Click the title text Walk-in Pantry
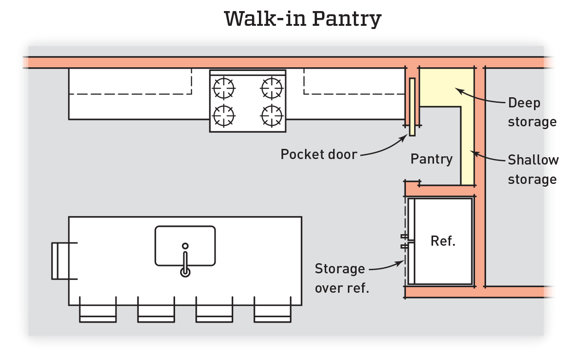[x=303, y=19]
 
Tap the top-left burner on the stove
[x=224, y=87]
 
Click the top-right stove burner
[x=271, y=87]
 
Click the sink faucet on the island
[x=185, y=263]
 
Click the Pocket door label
[x=319, y=154]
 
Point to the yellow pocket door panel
[x=412, y=106]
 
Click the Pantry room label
[x=432, y=159]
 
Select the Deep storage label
[x=532, y=112]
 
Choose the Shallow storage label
[x=533, y=170]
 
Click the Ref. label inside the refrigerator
[x=443, y=241]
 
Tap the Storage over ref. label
[x=340, y=278]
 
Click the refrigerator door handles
[x=405, y=242]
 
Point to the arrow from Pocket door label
[x=382, y=148]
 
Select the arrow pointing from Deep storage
[x=479, y=97]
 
